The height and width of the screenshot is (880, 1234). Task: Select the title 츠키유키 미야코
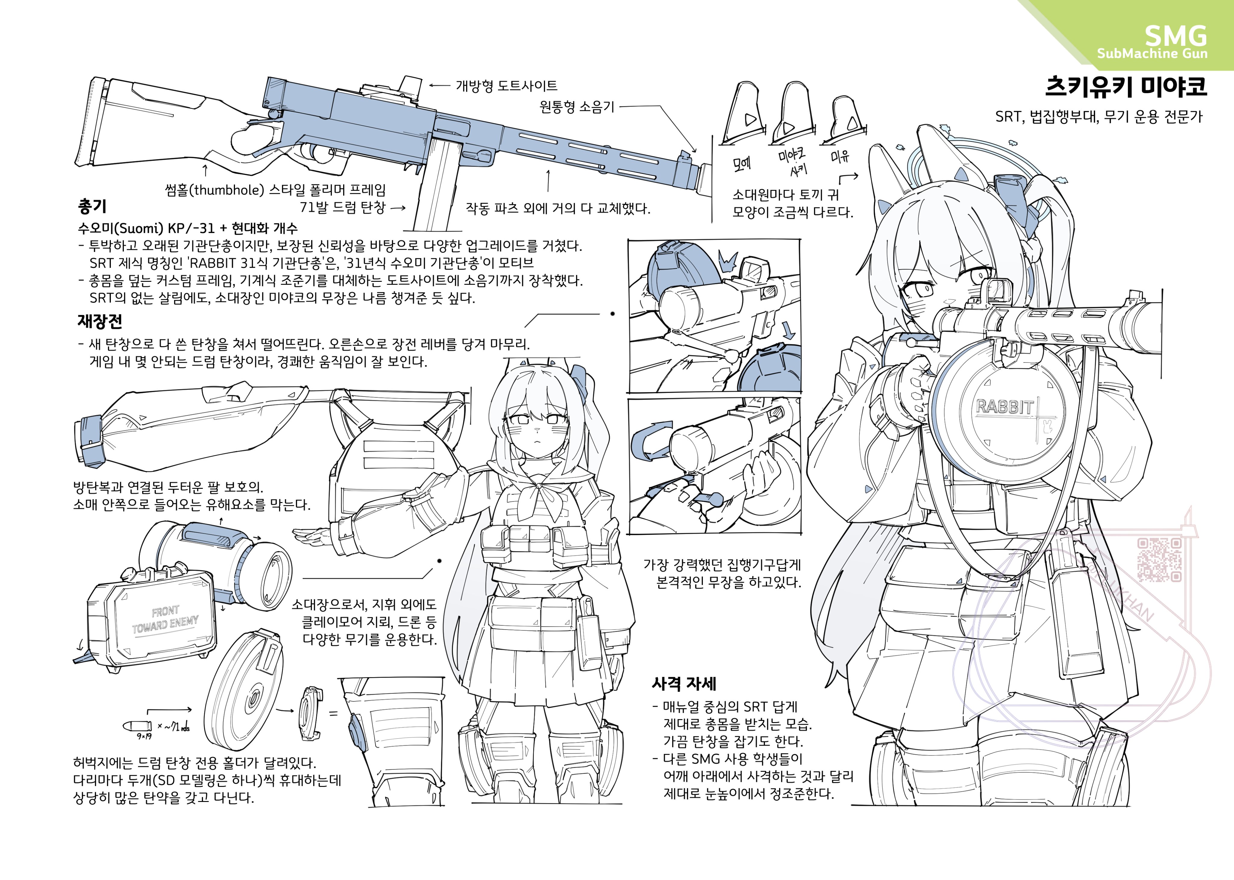(x=1126, y=87)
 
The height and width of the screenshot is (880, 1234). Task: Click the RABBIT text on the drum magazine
(x=1005, y=407)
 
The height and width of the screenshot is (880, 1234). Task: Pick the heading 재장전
(x=100, y=321)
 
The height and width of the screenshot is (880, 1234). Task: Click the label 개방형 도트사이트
(x=506, y=86)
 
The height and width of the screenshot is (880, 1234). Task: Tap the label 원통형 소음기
(x=577, y=107)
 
